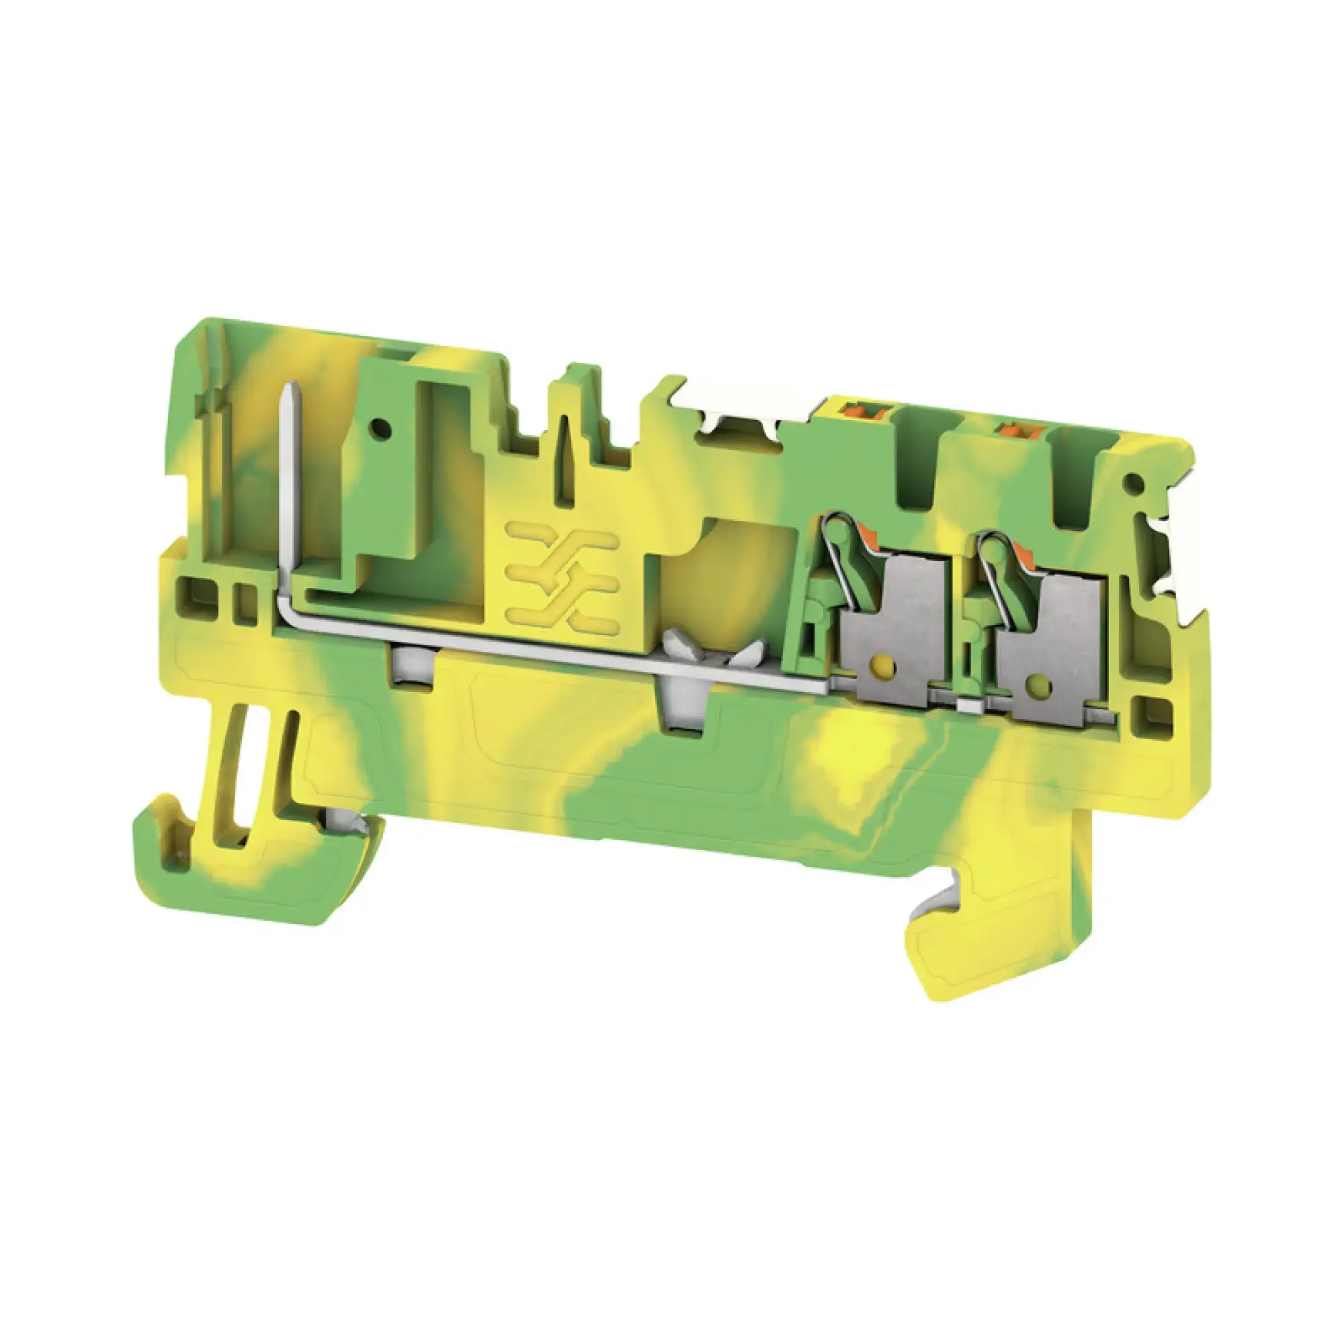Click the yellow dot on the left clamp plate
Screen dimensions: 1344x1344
pyautogui.click(x=882, y=667)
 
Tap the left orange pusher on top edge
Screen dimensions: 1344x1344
pyautogui.click(x=853, y=410)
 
